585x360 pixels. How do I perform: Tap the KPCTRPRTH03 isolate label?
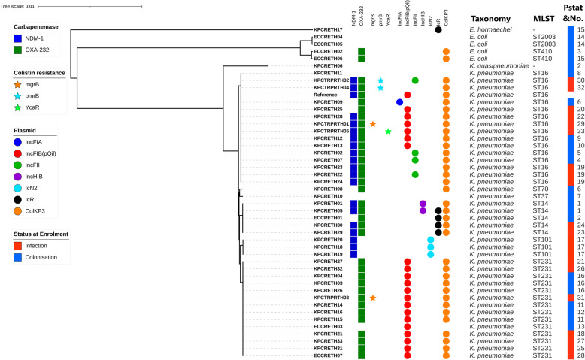pos(327,298)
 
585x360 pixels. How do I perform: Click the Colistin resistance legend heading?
pos(38,72)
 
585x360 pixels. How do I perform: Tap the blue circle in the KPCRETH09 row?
pos(399,102)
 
